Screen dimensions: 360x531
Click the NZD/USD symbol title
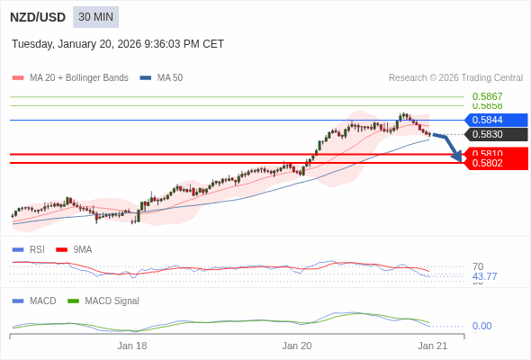(x=37, y=17)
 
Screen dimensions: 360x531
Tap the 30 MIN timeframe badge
(x=95, y=17)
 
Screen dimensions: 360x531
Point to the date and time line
(x=118, y=44)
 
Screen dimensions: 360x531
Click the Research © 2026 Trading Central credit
(x=455, y=78)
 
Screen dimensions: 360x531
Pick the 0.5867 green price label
(x=487, y=96)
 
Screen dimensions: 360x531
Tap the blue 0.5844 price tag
(x=496, y=120)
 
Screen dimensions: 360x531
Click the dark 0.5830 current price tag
(x=496, y=134)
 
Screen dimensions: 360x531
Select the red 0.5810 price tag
(x=496, y=154)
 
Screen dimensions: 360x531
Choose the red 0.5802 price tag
(x=496, y=163)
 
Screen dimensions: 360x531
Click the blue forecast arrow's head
(x=458, y=158)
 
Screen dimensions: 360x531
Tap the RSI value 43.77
(x=484, y=276)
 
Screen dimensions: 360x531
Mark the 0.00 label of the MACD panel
(x=481, y=326)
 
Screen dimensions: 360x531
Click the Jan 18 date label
(x=132, y=346)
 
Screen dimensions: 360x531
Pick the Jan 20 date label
(x=296, y=346)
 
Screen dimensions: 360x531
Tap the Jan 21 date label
(x=432, y=346)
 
